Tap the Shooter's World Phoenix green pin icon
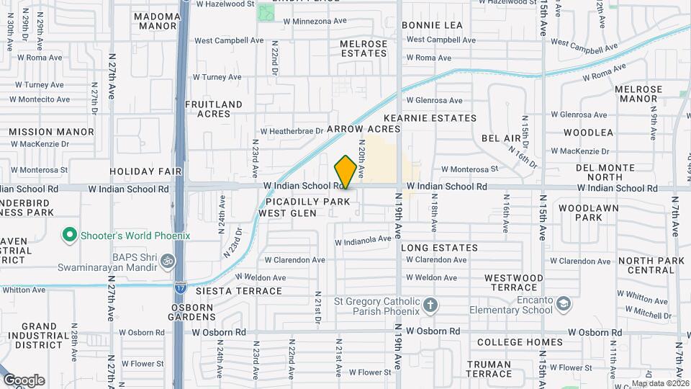(x=70, y=235)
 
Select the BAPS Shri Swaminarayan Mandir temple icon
(x=167, y=260)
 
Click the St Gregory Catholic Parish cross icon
(x=430, y=305)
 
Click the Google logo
(x=24, y=380)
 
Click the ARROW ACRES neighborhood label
(x=363, y=129)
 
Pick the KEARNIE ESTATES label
(x=440, y=117)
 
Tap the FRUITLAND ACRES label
(x=214, y=109)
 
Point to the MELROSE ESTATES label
(x=363, y=48)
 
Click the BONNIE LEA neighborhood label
(x=432, y=25)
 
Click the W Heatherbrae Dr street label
(x=292, y=131)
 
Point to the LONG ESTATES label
(x=438, y=248)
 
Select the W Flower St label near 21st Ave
(x=368, y=372)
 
